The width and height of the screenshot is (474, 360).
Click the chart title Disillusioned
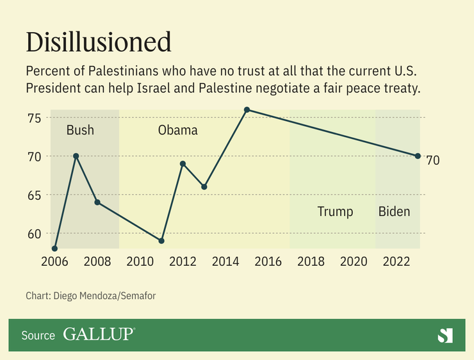coord(99,42)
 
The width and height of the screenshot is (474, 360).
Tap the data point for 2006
coord(55,249)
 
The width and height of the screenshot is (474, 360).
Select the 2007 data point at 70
coord(76,156)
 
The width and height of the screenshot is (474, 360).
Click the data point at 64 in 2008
coord(97,202)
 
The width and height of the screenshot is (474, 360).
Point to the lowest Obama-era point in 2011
coord(161,241)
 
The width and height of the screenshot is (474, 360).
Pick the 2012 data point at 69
coord(183,163)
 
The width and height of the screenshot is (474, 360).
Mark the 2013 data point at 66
coord(204,187)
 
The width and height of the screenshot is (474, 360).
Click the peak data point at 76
coord(247,110)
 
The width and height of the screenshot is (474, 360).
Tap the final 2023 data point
coord(418,156)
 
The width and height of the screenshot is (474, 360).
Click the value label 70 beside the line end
coord(433,161)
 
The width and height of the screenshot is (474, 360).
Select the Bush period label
coord(80,131)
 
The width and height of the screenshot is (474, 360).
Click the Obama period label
coord(177,131)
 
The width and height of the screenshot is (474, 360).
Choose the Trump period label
coord(335,211)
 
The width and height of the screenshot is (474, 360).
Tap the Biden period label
coord(394,211)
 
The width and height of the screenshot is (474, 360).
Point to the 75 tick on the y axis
coord(34,118)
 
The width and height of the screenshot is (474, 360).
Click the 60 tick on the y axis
coord(34,233)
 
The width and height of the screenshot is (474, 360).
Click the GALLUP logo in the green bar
coord(99,334)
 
